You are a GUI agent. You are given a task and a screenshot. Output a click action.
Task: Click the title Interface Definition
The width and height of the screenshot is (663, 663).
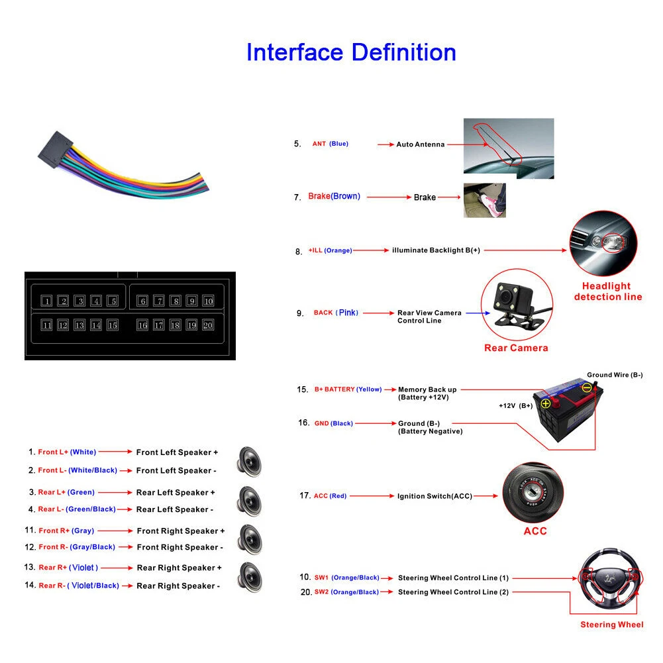point(351,52)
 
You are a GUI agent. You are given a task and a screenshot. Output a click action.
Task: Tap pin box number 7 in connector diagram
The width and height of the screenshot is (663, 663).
point(158,301)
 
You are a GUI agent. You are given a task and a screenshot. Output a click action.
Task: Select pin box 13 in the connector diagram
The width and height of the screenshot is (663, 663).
point(79,325)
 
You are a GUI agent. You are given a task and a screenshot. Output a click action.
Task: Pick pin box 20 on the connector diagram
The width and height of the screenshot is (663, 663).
point(207,325)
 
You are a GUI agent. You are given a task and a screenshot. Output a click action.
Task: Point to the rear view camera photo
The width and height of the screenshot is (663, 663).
point(517,305)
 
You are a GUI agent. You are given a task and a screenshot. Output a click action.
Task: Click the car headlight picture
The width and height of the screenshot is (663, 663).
point(603,244)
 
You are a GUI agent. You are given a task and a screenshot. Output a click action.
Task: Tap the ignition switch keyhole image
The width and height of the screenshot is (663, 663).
point(533,493)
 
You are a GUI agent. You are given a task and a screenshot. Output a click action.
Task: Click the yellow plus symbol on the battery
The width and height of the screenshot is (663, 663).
point(546,403)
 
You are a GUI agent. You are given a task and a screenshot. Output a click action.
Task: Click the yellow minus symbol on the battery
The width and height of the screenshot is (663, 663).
point(586,387)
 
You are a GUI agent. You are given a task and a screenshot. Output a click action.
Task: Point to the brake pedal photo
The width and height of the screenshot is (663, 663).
point(485,201)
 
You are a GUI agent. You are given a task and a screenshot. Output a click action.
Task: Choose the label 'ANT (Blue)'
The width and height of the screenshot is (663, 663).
point(331,144)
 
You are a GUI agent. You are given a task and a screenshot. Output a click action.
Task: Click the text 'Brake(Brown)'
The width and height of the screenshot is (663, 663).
point(334,196)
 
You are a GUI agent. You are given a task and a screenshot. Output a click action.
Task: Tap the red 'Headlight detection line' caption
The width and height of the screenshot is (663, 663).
point(607,291)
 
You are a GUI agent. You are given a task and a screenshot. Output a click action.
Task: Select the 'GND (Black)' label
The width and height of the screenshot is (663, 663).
point(333,423)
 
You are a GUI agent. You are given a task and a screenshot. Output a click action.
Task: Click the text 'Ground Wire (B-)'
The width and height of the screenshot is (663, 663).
point(615,375)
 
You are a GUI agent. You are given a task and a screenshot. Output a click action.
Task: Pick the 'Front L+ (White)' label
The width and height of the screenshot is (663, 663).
point(67,452)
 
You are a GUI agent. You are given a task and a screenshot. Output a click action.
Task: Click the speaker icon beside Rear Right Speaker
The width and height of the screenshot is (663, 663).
point(250,578)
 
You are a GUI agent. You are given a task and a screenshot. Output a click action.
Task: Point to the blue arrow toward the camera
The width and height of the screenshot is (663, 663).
point(478,313)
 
